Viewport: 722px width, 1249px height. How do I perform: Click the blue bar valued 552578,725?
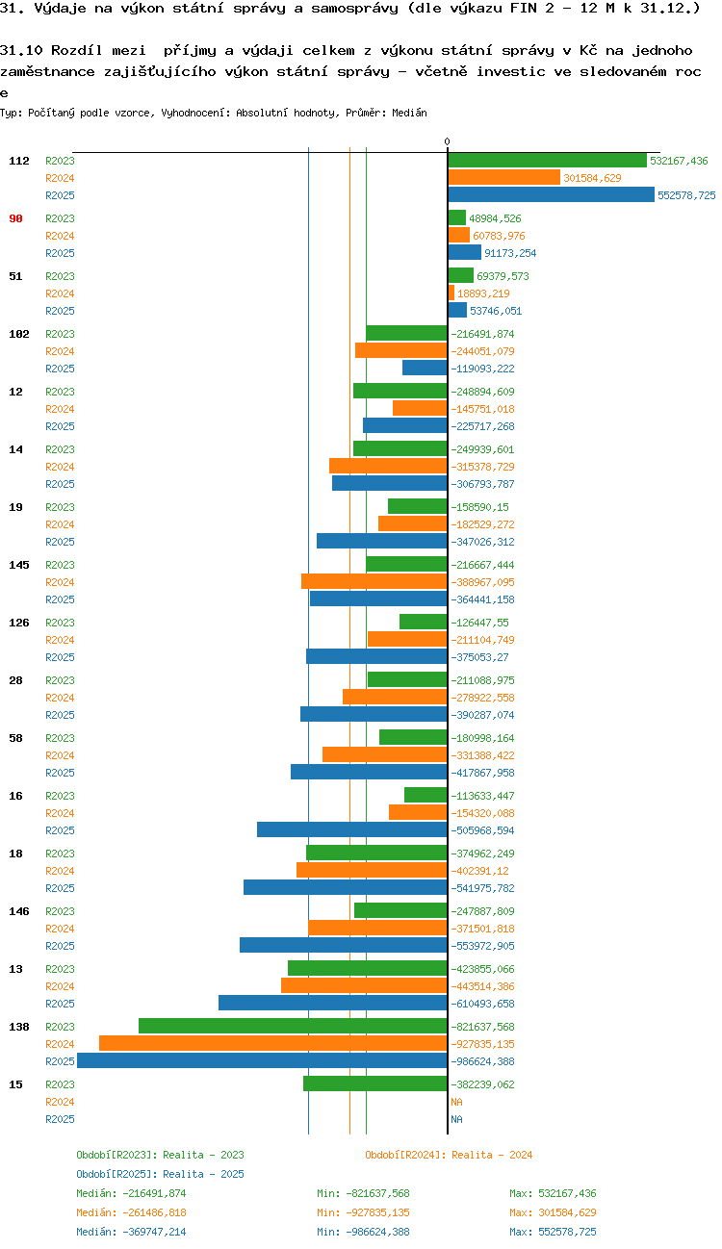coord(551,194)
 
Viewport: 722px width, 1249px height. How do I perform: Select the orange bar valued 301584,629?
coord(503,177)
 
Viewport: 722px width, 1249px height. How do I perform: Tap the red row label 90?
coord(15,218)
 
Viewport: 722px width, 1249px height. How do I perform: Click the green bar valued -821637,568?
coord(293,1026)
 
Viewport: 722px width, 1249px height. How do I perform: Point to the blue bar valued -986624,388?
coord(262,1060)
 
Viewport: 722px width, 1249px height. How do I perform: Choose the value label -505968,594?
coord(482,830)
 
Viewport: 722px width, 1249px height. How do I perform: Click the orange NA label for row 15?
coord(456,1102)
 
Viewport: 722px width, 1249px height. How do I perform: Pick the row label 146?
coord(19,911)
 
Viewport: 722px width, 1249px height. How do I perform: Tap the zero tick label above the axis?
coord(447,141)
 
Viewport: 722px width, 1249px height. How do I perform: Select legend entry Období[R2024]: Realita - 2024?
coord(449,1155)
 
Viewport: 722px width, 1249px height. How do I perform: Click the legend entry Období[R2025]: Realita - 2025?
coord(160,1174)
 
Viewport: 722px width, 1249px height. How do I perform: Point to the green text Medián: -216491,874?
coord(131,1193)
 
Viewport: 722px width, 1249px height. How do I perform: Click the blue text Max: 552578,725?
coord(553,1232)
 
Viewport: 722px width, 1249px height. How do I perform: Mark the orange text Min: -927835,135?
coord(363,1212)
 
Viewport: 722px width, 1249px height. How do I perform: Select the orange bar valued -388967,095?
coord(374,581)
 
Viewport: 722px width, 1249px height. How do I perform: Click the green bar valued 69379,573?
coord(460,275)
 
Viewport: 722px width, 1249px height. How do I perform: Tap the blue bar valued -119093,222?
coord(425,368)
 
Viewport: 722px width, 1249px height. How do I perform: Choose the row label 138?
coord(19,1027)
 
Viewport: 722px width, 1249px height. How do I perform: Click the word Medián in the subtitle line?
coord(409,113)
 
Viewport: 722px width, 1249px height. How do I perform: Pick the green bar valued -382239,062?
coord(374,1083)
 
